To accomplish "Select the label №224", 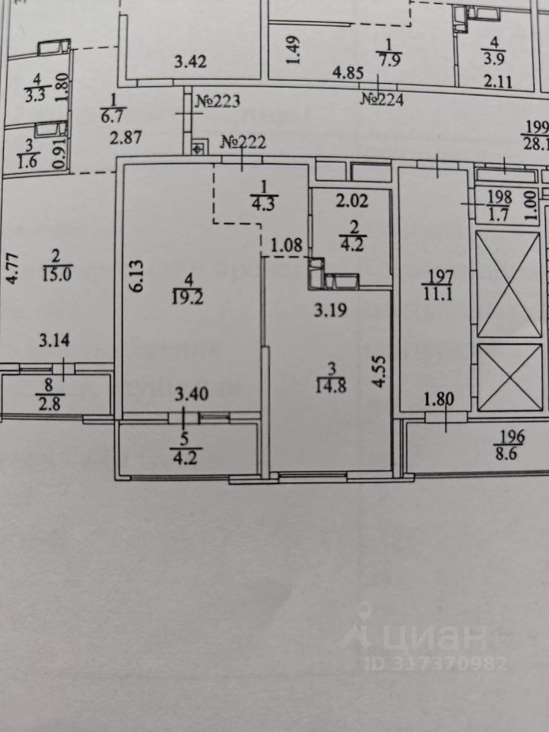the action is pos(382,98).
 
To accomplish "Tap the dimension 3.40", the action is pos(189,394).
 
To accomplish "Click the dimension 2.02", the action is pos(352,202).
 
